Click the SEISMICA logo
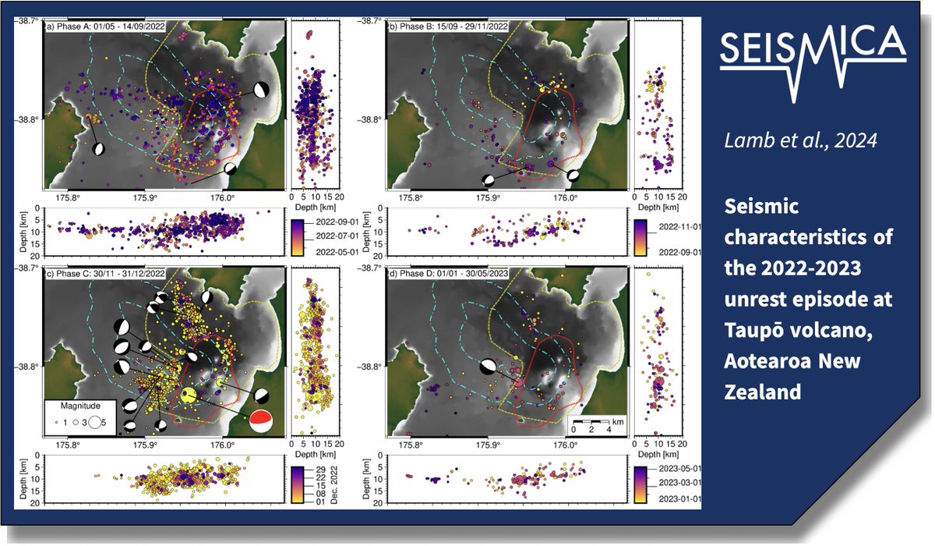click(x=813, y=63)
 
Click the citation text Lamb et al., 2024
click(x=800, y=140)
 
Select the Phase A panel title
click(x=105, y=27)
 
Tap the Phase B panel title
click(x=448, y=27)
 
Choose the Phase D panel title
click(x=448, y=274)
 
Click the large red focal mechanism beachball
click(x=261, y=421)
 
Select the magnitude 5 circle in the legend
click(x=95, y=422)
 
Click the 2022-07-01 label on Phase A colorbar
click(x=337, y=236)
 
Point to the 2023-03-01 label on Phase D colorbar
click(x=680, y=483)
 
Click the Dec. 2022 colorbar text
click(x=333, y=484)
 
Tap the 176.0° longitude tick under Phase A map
click(x=223, y=197)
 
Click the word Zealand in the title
click(x=763, y=392)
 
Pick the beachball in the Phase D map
click(x=489, y=367)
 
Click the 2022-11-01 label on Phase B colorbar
click(x=680, y=227)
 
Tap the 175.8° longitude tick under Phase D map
click(x=411, y=444)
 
